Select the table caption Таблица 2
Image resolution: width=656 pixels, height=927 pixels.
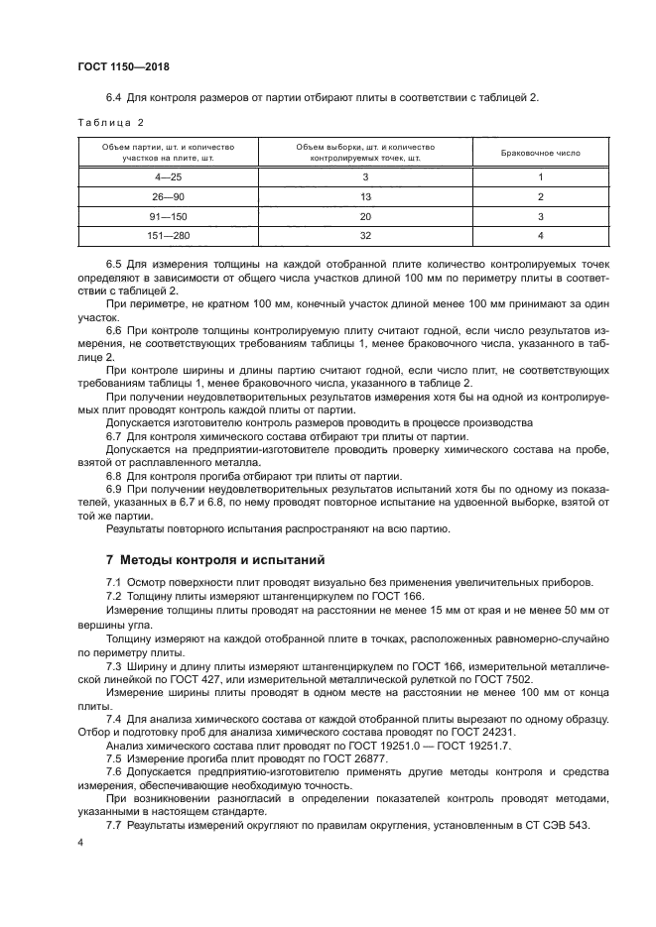[111, 122]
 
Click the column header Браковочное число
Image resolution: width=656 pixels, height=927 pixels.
[541, 154]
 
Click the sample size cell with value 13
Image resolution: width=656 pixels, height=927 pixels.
[365, 197]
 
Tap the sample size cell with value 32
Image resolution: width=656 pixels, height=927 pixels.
[365, 236]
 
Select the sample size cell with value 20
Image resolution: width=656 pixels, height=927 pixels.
[365, 216]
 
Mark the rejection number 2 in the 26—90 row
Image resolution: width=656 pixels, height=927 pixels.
[541, 197]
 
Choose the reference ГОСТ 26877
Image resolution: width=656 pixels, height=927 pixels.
[302, 756]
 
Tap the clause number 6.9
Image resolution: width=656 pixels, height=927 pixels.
[114, 489]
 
